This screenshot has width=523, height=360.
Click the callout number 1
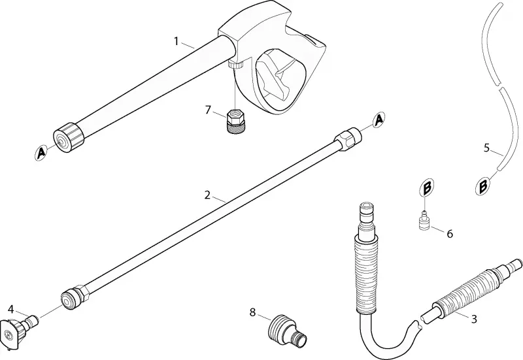(177, 41)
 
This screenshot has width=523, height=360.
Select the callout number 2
(207, 195)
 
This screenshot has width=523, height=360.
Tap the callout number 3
(473, 319)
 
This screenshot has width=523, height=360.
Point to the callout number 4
(10, 309)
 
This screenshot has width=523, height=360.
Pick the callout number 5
(486, 148)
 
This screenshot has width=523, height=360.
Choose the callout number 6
(450, 234)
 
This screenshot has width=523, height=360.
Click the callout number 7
(208, 110)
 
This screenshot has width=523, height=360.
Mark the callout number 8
(252, 312)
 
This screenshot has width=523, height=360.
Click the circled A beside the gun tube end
(41, 153)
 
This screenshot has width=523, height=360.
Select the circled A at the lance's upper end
(379, 120)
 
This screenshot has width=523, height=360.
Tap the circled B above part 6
(427, 188)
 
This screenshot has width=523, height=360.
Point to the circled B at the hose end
(482, 186)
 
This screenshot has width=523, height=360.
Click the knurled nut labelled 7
(236, 122)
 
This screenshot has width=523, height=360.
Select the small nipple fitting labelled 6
(424, 220)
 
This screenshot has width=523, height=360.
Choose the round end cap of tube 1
(69, 137)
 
